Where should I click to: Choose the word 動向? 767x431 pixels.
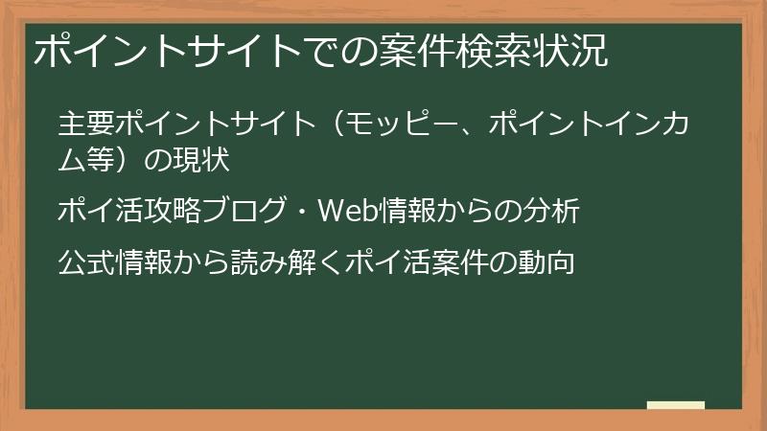pos(547,261)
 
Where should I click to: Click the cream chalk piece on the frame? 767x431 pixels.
pos(675,406)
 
